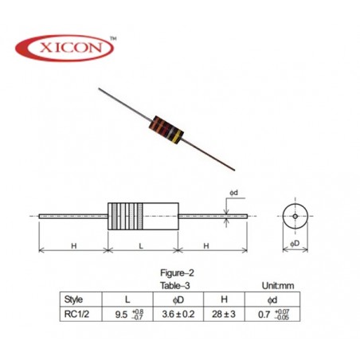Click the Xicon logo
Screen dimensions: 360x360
[65, 48]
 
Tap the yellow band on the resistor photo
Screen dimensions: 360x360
[177, 136]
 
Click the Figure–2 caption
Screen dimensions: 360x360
[177, 272]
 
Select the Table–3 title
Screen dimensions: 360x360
[175, 285]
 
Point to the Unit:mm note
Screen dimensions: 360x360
[278, 286]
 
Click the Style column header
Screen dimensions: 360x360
[73, 299]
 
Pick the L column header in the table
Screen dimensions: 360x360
[127, 299]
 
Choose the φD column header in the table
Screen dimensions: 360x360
[178, 299]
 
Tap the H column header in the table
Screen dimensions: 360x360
[225, 299]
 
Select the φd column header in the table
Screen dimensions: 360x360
[272, 300]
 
